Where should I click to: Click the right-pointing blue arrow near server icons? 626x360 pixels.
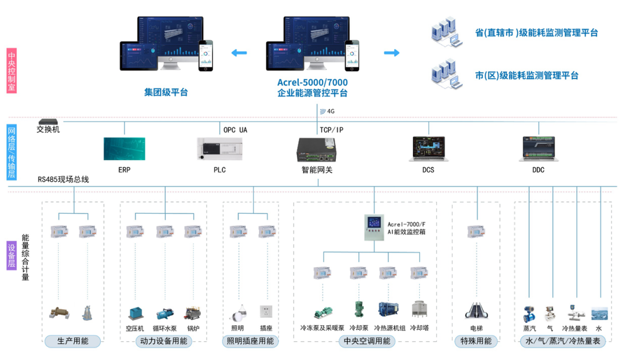(392, 53)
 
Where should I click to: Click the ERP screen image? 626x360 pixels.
(124, 149)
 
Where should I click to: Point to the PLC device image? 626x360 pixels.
(219, 149)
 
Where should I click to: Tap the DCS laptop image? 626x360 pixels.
(428, 149)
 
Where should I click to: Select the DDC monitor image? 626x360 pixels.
(538, 149)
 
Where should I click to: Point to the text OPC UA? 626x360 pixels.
(235, 130)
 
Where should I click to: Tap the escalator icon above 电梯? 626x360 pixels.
(476, 310)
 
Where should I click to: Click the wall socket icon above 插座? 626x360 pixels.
(266, 311)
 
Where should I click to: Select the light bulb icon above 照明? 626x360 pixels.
(237, 312)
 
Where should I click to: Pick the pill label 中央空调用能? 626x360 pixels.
(366, 341)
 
